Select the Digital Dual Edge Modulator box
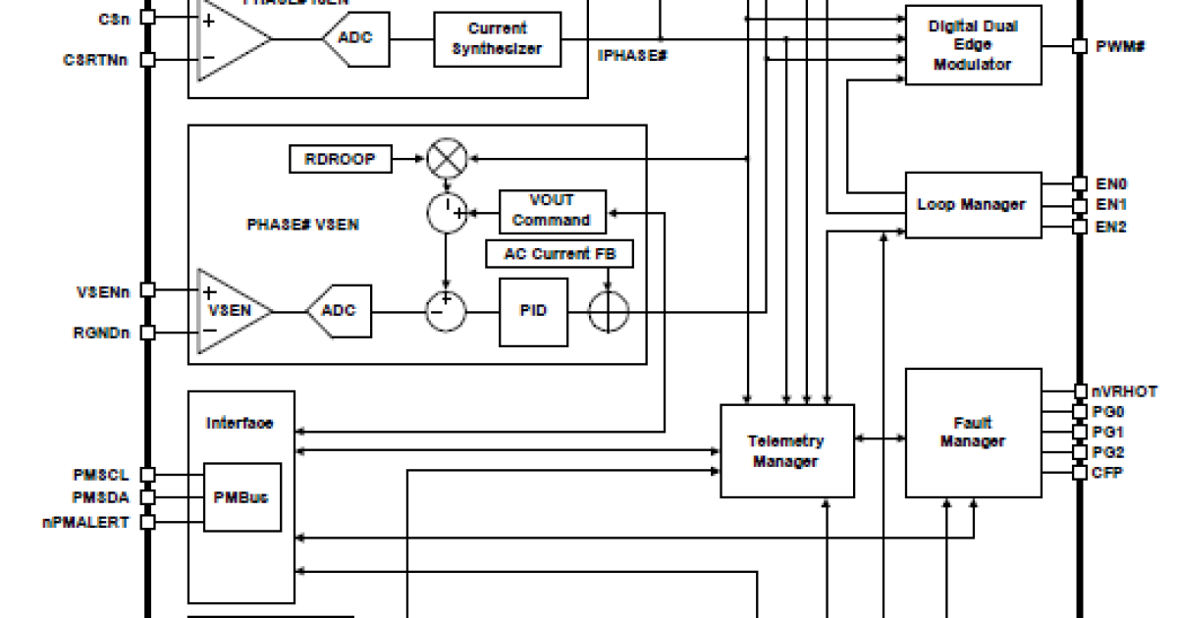click(972, 45)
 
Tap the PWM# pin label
click(1121, 46)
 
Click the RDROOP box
click(340, 159)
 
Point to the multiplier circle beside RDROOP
click(447, 159)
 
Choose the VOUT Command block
click(552, 211)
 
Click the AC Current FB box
click(560, 254)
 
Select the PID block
click(533, 312)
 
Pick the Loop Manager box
click(972, 204)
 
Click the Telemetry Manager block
click(786, 451)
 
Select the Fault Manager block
click(972, 433)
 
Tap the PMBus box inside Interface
click(241, 497)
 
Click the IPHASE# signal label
click(633, 56)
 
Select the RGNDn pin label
click(104, 333)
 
